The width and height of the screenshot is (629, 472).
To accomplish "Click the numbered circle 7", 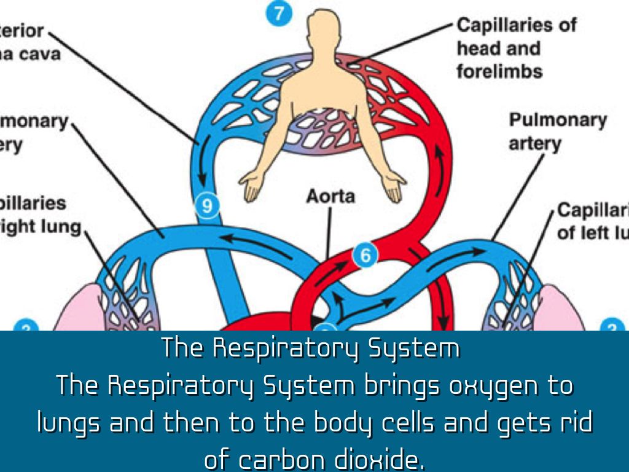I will (x=279, y=14).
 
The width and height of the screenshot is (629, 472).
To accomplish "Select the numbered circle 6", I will (x=365, y=254).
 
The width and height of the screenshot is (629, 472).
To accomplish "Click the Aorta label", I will (x=330, y=197).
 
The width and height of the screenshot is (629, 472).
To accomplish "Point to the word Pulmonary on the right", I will (x=557, y=120).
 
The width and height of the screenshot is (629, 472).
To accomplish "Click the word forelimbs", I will (x=499, y=71).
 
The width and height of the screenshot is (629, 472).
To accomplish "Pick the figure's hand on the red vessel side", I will (x=394, y=185).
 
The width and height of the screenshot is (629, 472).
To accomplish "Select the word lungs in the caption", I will (x=68, y=423).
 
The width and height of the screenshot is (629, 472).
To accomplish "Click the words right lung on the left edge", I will (x=43, y=227).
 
